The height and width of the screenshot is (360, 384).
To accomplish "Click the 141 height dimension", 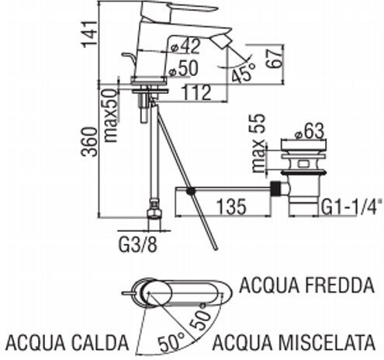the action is click(x=89, y=34).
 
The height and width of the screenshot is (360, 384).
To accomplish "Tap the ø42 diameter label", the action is click(x=185, y=47).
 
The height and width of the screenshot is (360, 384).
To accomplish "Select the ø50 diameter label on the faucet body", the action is click(x=184, y=69).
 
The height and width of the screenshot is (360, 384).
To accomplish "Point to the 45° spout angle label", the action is click(x=244, y=72).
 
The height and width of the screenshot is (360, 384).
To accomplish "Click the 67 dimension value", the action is click(x=274, y=58).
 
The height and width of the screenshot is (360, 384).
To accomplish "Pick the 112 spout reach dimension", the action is click(x=196, y=92).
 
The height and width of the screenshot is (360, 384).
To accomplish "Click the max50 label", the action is click(x=111, y=116).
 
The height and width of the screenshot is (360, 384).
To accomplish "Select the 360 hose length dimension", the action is click(x=89, y=142).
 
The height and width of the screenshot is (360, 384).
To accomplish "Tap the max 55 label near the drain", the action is click(x=259, y=143).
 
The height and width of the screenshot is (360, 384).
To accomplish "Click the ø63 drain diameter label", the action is click(x=310, y=131).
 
